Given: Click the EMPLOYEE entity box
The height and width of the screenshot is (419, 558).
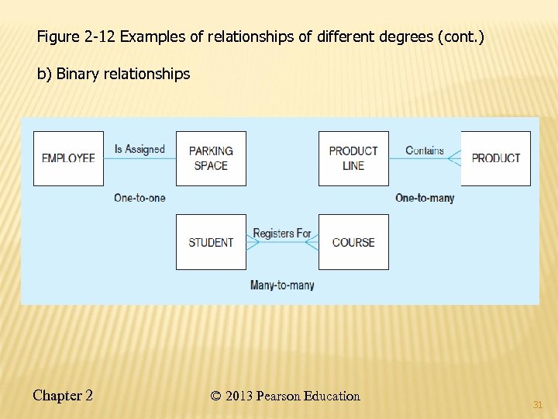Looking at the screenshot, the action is click(x=68, y=158).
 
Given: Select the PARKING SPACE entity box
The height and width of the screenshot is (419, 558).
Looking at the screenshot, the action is click(x=211, y=158).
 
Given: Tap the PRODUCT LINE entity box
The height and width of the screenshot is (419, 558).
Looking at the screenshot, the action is click(x=353, y=158).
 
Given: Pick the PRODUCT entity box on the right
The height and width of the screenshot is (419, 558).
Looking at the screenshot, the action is click(x=496, y=158).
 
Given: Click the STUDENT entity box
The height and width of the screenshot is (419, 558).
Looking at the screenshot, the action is click(x=211, y=242).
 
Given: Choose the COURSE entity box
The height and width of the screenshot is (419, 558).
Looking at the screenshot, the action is click(x=353, y=242).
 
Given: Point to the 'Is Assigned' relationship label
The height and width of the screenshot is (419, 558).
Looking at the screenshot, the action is click(x=139, y=149).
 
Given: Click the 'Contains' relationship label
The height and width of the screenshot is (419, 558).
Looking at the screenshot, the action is click(x=425, y=150).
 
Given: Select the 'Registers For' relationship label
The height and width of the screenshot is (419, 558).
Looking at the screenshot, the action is click(x=282, y=233).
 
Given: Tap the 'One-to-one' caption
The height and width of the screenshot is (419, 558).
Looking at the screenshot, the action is click(x=139, y=198).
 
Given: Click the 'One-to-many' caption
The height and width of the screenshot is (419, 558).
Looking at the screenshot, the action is click(x=425, y=198).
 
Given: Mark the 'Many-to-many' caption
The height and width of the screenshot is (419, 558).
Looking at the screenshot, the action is click(x=282, y=286).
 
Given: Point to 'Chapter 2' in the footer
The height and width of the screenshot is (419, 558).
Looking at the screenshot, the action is click(x=63, y=396).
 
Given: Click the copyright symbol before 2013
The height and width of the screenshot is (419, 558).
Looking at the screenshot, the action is click(x=215, y=396).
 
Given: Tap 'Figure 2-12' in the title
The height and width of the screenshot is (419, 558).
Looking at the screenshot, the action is click(x=77, y=37).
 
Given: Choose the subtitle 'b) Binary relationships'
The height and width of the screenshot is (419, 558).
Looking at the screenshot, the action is click(x=114, y=74).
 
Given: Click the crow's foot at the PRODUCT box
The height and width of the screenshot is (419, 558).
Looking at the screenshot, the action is click(x=455, y=158).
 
